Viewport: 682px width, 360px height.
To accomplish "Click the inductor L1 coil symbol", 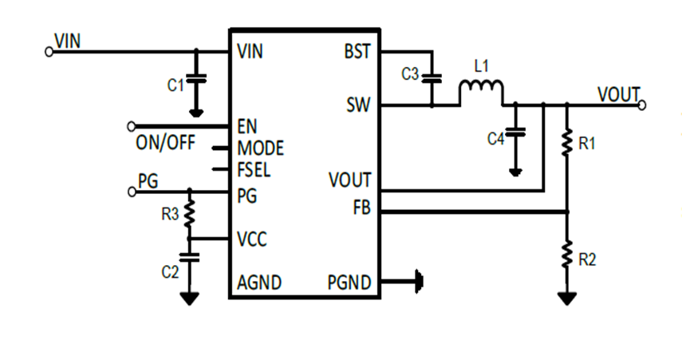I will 480,91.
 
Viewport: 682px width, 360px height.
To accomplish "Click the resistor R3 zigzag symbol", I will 190,213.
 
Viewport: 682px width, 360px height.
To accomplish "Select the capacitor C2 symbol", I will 190,257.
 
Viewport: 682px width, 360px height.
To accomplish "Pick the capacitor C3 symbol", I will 432,78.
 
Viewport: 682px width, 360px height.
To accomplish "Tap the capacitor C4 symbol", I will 516,133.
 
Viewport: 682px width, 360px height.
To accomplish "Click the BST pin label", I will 357,52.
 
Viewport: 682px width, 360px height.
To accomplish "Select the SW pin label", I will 358,105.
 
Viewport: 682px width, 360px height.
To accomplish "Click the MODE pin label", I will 261,148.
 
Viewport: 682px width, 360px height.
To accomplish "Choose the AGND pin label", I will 259,282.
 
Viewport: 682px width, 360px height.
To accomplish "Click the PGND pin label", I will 349,282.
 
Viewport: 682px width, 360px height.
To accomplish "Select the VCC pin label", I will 253,239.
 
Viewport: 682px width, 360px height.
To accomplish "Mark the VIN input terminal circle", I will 48,52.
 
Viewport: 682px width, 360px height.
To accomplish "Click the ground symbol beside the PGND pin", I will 418,281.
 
